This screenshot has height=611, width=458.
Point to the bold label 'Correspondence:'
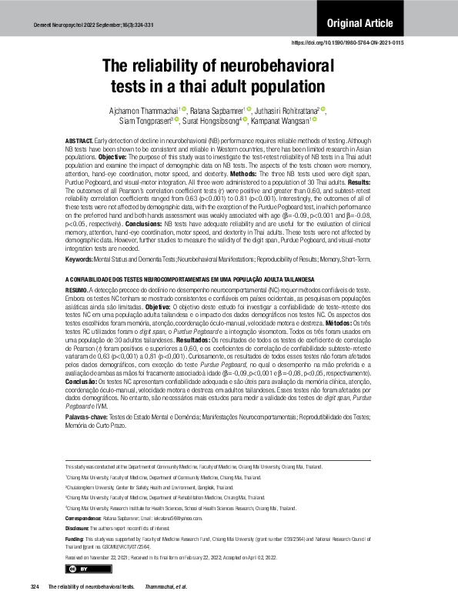[87, 519]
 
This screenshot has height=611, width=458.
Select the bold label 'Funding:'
[76, 539]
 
